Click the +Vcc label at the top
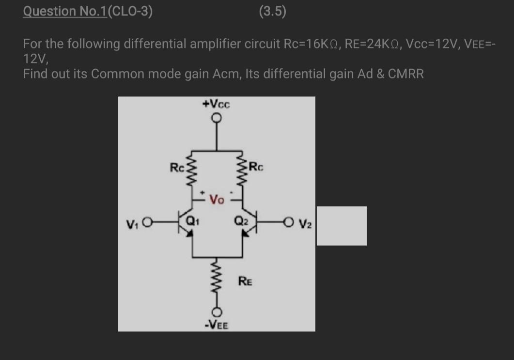tap(216, 104)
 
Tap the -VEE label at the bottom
tap(216, 324)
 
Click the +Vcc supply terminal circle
tap(216, 118)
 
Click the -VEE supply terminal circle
tap(217, 310)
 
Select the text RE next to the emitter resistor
tap(245, 281)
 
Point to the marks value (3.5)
tap(272, 11)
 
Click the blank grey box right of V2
tap(342, 225)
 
